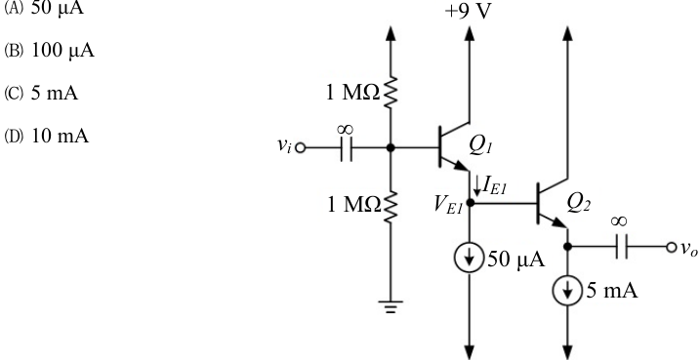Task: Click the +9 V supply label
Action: coord(468,12)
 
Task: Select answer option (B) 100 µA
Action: coord(50,51)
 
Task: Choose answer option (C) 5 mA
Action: coord(41,94)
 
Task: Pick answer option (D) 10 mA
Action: coord(47,136)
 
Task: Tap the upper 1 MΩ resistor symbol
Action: coord(391,93)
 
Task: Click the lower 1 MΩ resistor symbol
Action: coord(391,206)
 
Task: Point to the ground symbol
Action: coord(391,306)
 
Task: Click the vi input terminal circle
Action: coord(301,147)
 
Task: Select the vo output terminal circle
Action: coord(671,247)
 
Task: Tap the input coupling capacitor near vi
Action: coord(346,147)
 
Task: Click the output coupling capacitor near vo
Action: coord(621,247)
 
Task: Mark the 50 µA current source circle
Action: coord(470,259)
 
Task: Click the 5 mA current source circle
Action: coord(567,291)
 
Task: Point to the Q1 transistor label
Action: coord(480,146)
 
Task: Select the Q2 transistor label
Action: coord(579,204)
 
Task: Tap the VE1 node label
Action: coord(448,205)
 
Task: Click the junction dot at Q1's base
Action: coord(391,147)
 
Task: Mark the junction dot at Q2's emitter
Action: coord(567,246)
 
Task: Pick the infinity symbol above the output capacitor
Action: coord(620,221)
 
